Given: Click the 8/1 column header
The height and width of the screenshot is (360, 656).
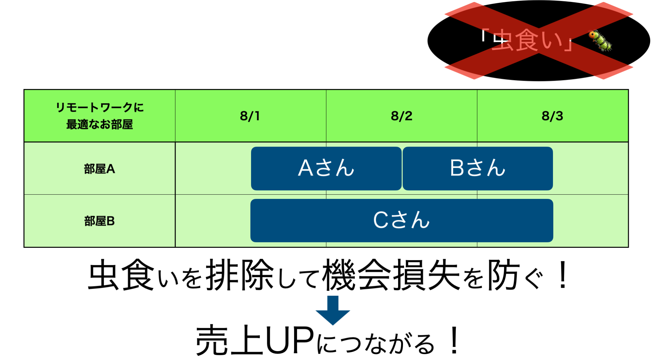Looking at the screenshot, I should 250,116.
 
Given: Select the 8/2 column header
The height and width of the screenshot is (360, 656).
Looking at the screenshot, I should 401,116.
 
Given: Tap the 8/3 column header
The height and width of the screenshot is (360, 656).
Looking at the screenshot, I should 552,116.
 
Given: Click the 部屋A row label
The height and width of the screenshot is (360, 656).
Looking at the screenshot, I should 99,169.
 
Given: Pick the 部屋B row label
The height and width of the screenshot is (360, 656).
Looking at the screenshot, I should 99,221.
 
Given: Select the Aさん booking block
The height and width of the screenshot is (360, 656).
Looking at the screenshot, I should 326,168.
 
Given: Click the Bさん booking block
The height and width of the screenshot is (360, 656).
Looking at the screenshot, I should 477,168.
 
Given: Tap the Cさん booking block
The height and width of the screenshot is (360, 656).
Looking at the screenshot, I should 402,220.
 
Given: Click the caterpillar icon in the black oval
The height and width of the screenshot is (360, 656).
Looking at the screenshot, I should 600,41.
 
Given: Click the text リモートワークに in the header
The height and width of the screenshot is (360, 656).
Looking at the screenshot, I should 100,107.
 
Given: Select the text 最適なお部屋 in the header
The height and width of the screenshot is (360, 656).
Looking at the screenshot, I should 99,124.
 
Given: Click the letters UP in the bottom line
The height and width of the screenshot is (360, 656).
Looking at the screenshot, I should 289,340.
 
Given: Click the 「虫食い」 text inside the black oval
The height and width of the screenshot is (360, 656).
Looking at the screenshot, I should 527,40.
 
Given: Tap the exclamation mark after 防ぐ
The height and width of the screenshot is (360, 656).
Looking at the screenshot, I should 563,275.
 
